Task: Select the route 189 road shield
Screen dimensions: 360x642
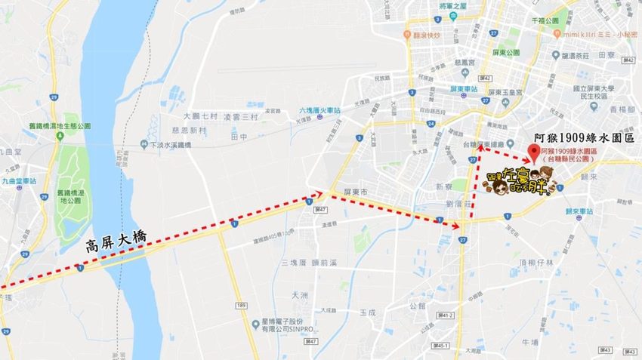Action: (241, 305)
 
